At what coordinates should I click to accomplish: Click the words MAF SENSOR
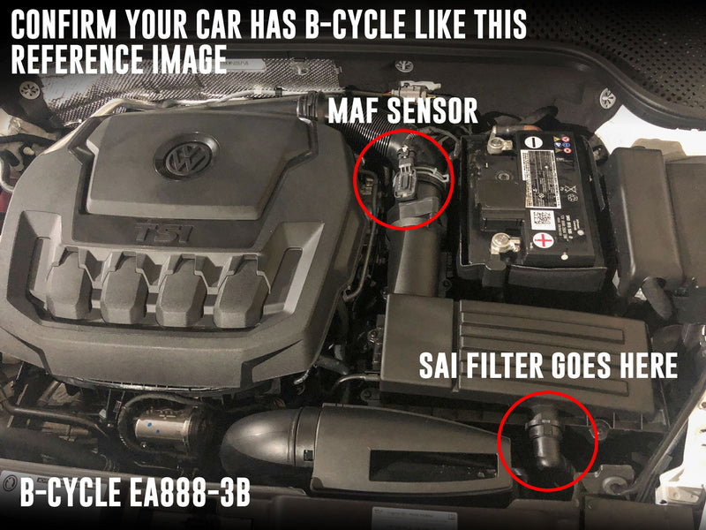(402, 111)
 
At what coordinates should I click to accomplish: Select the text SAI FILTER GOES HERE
(548, 366)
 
